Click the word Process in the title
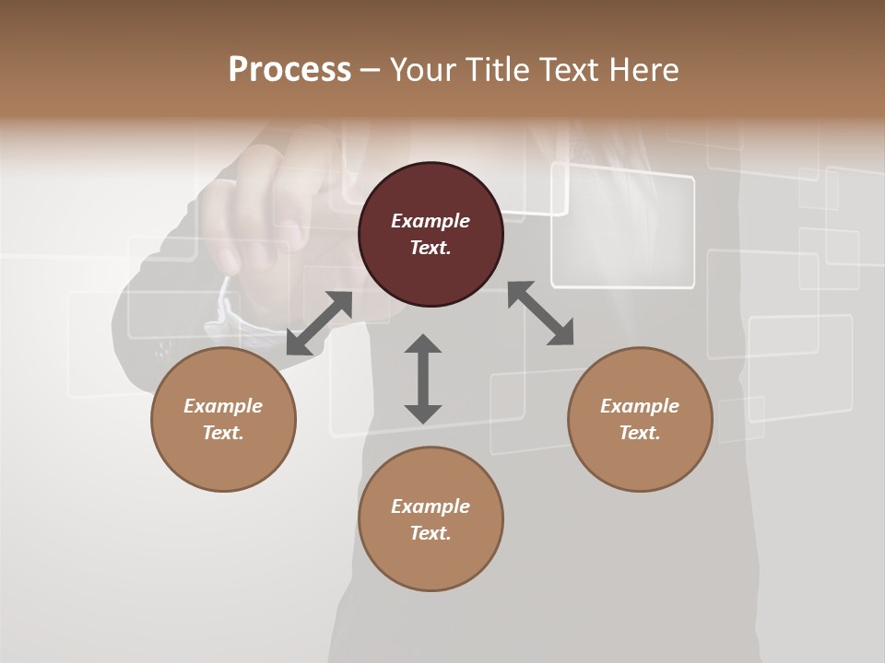pos(289,70)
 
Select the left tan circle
pos(223,419)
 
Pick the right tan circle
pos(640,419)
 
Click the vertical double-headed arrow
pos(423,378)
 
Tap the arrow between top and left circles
pos(319,322)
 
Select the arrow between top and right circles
pos(540,313)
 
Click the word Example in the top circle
pos(431,221)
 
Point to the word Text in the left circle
pos(223,433)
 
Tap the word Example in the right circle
pos(640,406)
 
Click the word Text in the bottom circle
pos(431,533)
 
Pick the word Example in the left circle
pos(223,406)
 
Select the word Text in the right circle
pos(640,433)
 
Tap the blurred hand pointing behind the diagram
pos(267,212)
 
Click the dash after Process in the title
pos(371,70)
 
